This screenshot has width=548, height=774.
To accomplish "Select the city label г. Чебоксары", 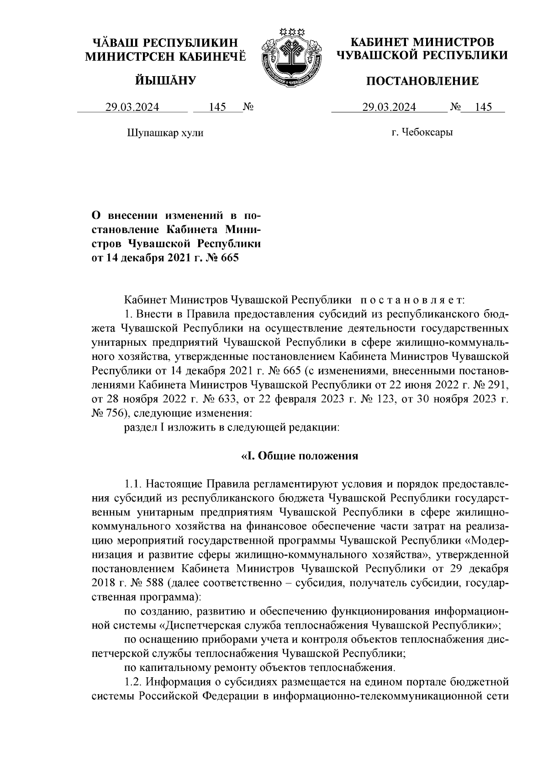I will (x=422, y=133).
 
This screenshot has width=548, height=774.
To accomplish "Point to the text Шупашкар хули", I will (x=164, y=133).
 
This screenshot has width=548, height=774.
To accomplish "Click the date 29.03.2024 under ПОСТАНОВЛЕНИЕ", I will (x=389, y=107).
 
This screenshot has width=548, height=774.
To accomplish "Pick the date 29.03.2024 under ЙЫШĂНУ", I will (x=132, y=107).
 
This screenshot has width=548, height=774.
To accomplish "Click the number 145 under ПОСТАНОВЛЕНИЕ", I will (x=483, y=107).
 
